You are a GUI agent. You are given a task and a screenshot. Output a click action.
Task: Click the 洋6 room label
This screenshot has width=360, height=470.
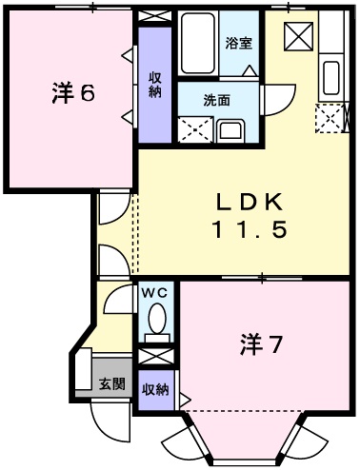(x=72, y=93)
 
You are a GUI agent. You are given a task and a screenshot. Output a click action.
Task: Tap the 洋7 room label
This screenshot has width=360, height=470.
(x=259, y=345)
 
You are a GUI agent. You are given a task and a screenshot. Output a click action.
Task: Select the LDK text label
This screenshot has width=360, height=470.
(x=249, y=203)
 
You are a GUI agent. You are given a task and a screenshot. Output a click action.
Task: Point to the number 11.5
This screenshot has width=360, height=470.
(x=249, y=229)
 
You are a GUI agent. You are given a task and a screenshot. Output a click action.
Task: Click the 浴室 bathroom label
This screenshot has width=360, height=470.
(x=237, y=43)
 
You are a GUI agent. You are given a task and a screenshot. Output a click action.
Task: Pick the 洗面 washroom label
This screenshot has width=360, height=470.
(x=216, y=99)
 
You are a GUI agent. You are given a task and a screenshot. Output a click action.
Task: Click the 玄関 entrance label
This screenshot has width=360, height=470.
(x=111, y=385)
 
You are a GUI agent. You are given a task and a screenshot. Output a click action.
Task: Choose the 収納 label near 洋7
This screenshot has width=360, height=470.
(x=156, y=388)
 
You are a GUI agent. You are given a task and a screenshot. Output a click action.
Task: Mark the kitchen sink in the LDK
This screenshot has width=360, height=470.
(x=331, y=76)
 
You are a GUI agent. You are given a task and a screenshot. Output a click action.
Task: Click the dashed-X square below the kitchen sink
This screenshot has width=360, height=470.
(x=330, y=118)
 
